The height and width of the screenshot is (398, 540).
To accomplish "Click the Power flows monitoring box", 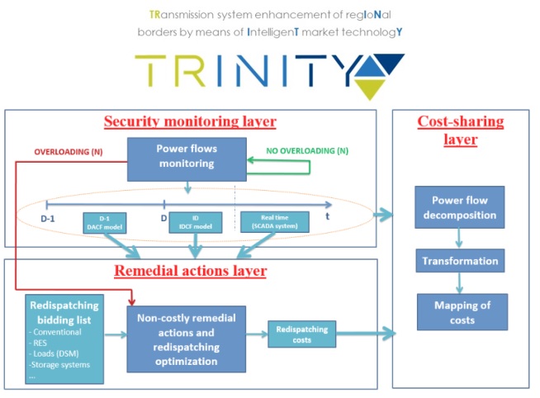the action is (187, 159).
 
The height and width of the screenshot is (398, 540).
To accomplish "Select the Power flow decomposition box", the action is (460, 207).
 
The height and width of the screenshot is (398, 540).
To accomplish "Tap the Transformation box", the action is (460, 261).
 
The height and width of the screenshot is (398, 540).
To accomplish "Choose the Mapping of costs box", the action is (462, 312).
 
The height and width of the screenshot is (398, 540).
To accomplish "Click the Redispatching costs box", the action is (301, 334).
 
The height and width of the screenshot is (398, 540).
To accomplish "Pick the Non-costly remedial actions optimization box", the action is (187, 339).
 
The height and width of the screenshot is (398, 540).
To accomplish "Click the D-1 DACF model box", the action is (105, 223).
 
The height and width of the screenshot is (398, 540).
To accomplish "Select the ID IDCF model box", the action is (195, 222).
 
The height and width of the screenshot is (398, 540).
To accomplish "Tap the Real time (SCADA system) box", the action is (274, 222).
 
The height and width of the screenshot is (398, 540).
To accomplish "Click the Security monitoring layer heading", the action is (190, 121).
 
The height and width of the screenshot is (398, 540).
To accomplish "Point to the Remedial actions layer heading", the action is (191, 271).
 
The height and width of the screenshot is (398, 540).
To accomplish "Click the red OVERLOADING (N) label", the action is (69, 152).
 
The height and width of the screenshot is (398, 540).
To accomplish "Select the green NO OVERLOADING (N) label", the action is (307, 151).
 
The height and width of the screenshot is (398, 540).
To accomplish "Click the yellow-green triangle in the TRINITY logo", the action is (370, 88).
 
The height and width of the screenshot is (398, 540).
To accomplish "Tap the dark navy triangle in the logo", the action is (390, 62).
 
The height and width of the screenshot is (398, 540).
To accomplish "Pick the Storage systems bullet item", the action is (59, 365).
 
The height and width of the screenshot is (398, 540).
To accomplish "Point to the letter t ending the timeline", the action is (328, 216).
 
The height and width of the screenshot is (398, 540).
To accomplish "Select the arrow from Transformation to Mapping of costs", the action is (459, 283).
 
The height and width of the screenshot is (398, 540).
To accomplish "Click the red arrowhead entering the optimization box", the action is (131, 302).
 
